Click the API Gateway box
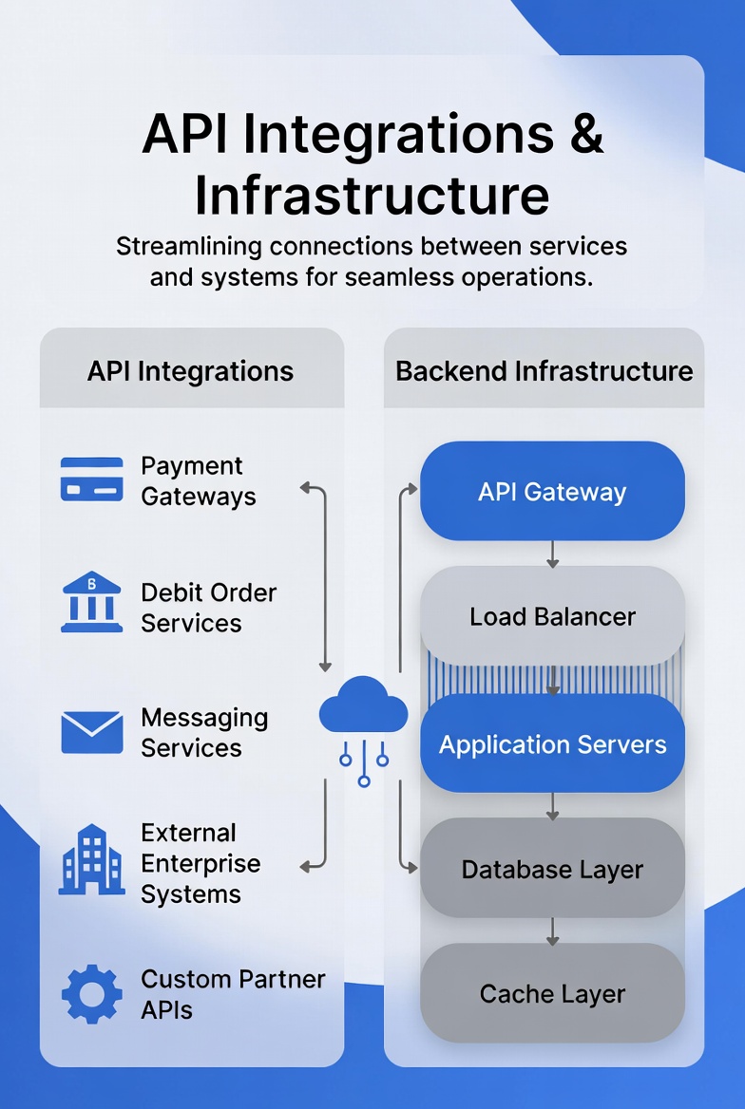point(552,492)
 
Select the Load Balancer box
point(552,617)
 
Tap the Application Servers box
point(552,743)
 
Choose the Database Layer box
point(552,869)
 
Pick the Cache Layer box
point(552,994)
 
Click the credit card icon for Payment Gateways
point(91,479)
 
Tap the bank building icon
point(91,602)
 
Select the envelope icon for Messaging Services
point(91,732)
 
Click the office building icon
point(91,859)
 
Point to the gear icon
point(91,994)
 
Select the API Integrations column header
point(190,371)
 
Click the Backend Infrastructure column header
point(544,371)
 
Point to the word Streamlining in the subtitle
point(189,247)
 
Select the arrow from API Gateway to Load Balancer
point(552,554)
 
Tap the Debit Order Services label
point(208,608)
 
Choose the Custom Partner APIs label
point(233,994)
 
